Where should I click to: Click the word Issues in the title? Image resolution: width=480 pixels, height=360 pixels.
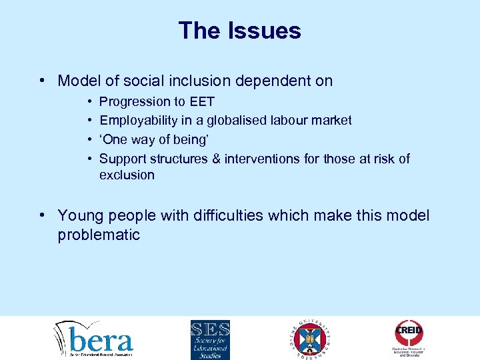tap(267, 31)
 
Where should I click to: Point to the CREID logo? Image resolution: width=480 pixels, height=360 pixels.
tap(409, 337)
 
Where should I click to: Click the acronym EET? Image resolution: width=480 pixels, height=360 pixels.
tap(201, 102)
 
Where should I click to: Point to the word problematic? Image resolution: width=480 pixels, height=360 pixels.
tap(99, 235)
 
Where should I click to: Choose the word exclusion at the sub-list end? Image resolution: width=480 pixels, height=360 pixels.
tap(127, 175)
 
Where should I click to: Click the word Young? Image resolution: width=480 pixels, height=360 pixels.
tap(79, 216)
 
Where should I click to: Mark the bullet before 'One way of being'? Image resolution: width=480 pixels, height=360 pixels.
tap(89, 140)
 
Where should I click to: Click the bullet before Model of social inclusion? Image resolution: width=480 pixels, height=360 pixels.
tap(42, 81)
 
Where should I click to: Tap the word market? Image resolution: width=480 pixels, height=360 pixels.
tap(332, 121)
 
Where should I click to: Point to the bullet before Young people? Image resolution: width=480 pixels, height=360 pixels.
tap(42, 216)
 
